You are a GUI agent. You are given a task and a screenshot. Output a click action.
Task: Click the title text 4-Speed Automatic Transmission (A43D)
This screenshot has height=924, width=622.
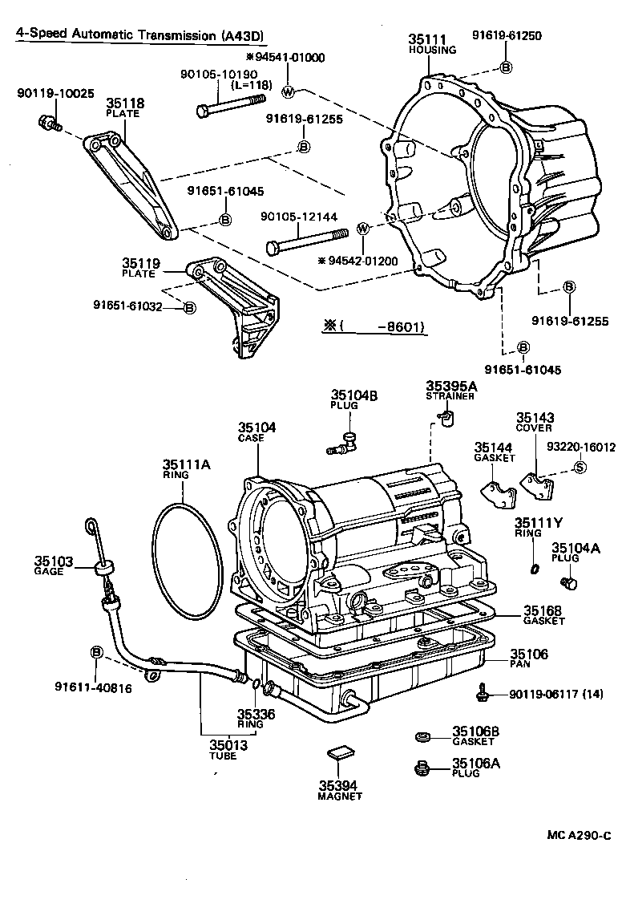(x=140, y=35)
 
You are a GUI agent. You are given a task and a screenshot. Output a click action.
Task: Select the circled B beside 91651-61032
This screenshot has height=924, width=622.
(x=189, y=308)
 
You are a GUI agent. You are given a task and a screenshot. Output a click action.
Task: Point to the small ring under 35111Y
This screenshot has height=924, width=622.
(x=534, y=569)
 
